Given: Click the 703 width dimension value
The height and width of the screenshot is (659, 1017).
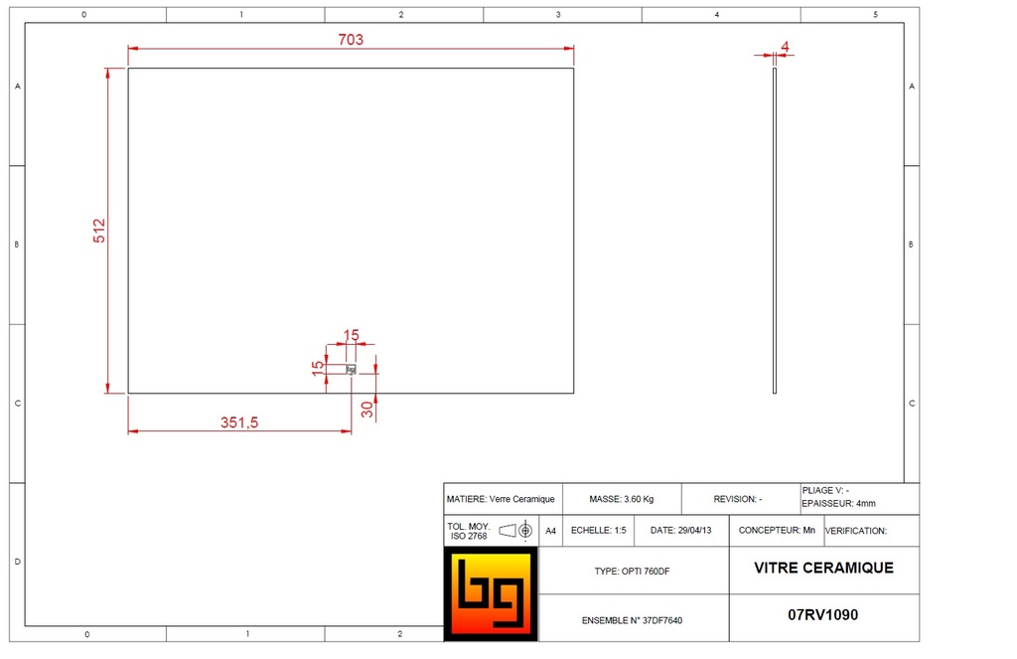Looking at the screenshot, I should pos(351,40).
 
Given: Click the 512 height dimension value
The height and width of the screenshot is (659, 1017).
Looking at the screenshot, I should pos(98,231).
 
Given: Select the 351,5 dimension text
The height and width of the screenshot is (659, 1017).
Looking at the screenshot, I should pos(239,422).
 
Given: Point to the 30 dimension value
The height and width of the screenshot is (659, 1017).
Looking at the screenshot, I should pos(366,409).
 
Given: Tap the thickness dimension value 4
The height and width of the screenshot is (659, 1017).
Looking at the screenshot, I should pos(785,47).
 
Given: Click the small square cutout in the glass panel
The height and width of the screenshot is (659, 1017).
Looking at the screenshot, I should pos(351,370).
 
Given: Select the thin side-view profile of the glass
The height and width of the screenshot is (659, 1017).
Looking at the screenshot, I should pos(775,231).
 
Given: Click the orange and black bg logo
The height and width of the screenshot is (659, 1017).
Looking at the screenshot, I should pos(491,593).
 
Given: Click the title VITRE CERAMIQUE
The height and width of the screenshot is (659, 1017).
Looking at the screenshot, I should pos(823,569).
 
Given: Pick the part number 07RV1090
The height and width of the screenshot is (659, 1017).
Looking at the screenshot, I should pos(822,615).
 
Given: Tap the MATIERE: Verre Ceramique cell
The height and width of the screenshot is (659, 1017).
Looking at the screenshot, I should pos(502,499).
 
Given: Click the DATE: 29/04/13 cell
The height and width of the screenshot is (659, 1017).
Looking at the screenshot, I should pos(681,531).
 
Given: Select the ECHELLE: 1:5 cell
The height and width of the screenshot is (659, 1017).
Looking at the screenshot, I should pos(599,531).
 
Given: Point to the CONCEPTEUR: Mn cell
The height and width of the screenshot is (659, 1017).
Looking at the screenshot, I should pos(777,531).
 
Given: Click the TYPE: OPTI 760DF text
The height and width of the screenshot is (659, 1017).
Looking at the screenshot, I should pos(633,572).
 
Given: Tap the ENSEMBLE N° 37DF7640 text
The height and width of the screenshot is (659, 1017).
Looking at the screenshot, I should pos(632,620).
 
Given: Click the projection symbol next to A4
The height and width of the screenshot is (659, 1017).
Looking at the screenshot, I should pos(517,531).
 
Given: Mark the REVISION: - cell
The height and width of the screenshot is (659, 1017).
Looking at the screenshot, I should pos(738,499).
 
